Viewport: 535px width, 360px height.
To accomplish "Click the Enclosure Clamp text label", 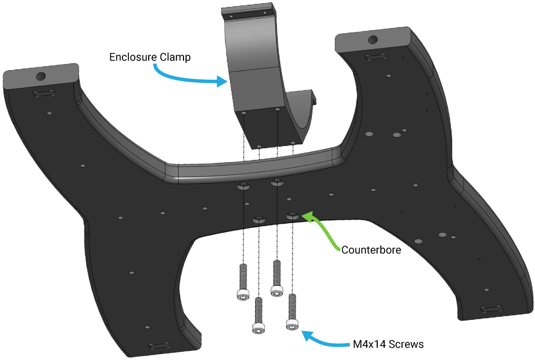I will (149, 57).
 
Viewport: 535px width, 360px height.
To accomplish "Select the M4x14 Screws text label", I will (388, 344).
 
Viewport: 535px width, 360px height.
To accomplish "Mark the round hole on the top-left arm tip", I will (41, 76).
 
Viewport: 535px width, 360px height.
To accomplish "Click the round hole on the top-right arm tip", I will (372, 39).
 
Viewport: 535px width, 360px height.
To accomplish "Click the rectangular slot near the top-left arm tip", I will (44, 94).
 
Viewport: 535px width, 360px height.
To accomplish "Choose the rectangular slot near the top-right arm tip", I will (374, 57).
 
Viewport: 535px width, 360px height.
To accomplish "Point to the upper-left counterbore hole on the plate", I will (243, 186).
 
